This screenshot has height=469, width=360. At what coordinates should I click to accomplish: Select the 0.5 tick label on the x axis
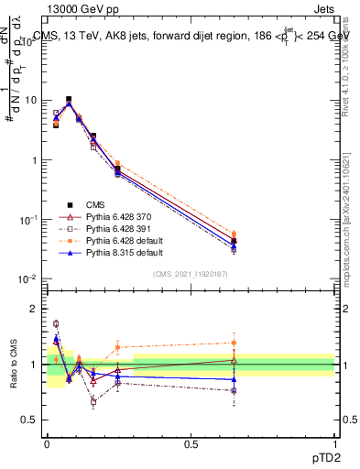point(191,443)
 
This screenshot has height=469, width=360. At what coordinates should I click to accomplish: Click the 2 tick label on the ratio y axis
point(34,309)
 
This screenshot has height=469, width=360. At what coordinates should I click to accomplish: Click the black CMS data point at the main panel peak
point(69,99)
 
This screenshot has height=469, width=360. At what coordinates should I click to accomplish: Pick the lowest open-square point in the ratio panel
point(93,401)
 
